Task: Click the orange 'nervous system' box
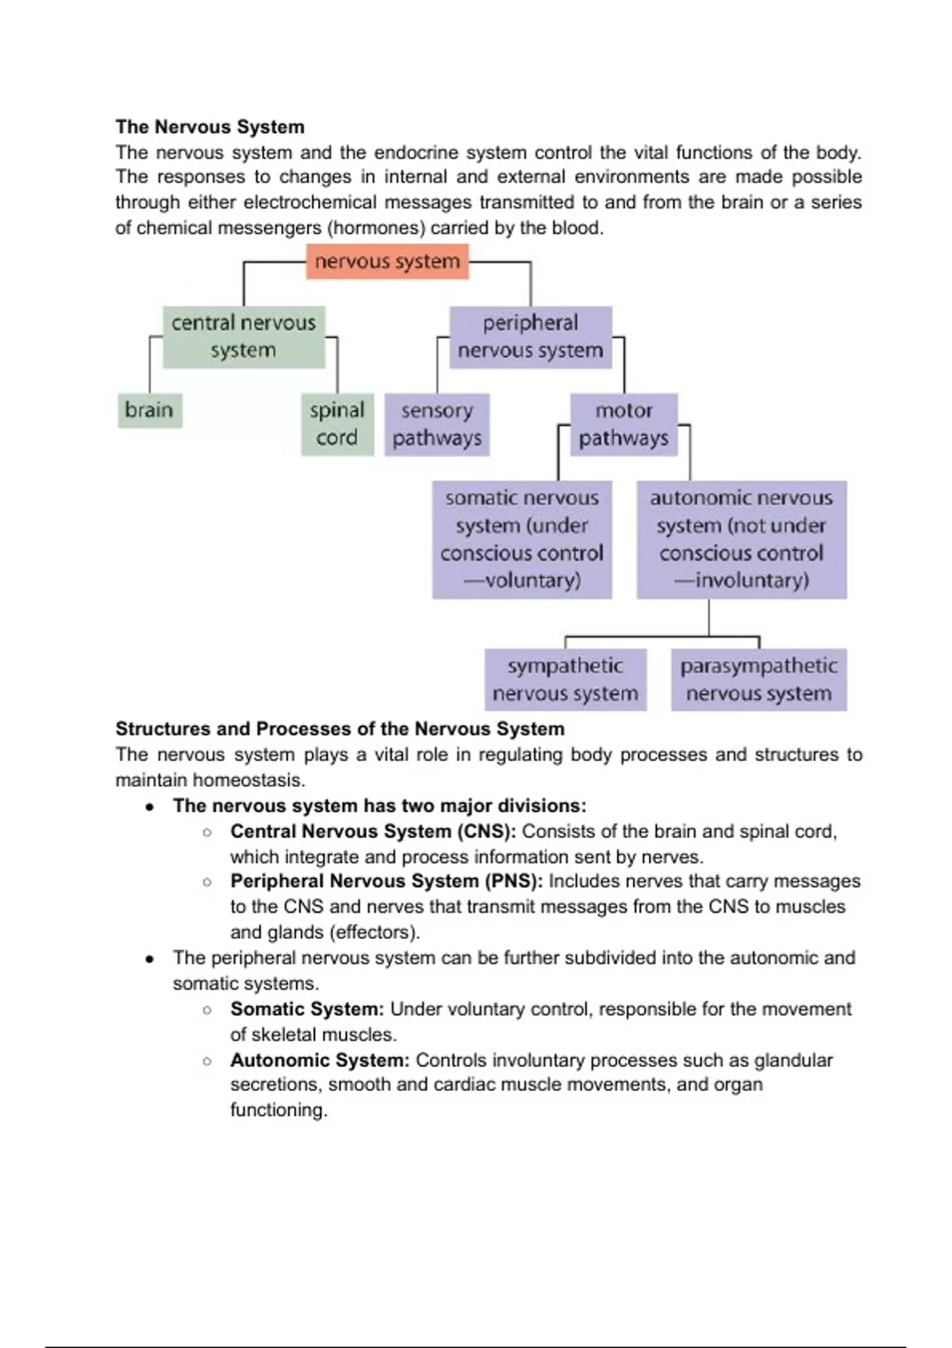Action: (x=387, y=262)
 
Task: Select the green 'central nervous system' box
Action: (x=244, y=337)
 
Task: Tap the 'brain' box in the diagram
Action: (x=149, y=411)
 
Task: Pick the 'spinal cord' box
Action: (x=337, y=424)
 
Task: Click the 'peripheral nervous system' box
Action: (x=530, y=337)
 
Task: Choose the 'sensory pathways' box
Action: (x=437, y=424)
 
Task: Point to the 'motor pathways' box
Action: (x=624, y=424)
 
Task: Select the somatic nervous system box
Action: (x=522, y=539)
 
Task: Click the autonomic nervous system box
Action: (x=741, y=539)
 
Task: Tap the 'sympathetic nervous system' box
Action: (x=565, y=680)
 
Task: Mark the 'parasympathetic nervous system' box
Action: (x=758, y=680)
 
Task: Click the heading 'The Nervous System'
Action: (x=210, y=127)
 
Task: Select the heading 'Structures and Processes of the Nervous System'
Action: (x=340, y=729)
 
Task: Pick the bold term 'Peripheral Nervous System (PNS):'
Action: (x=386, y=881)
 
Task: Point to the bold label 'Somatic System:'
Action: (x=307, y=1009)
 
